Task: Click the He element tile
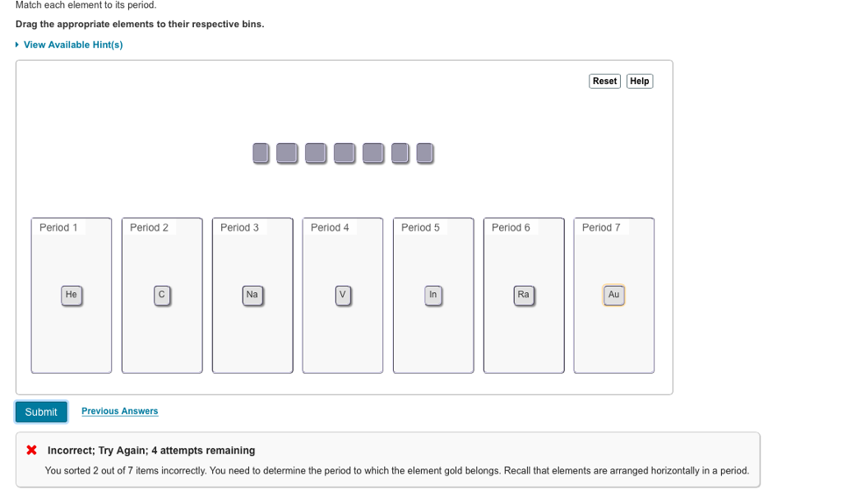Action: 72,295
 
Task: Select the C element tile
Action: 162,295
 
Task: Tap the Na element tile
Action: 252,295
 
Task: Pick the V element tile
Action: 343,295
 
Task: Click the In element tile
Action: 433,295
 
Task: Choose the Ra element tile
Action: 523,295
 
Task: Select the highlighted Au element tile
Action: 613,295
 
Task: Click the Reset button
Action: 604,81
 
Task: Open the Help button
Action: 639,81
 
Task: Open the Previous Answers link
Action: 119,411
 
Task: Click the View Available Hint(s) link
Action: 72,44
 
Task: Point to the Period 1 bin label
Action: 58,227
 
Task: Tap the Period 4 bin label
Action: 330,227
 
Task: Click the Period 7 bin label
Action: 601,227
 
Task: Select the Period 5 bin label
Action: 420,227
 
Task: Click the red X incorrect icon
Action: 31,450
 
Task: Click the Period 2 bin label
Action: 149,227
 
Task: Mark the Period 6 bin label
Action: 511,227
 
